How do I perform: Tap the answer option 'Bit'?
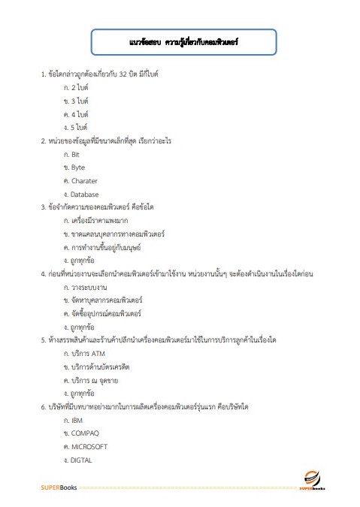(75, 153)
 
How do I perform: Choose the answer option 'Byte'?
(77, 167)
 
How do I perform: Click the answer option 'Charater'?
(83, 180)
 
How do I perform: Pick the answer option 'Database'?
(84, 194)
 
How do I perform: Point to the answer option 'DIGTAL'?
(80, 460)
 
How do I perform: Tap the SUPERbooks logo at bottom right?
(310, 480)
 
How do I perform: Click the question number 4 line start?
(43, 274)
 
